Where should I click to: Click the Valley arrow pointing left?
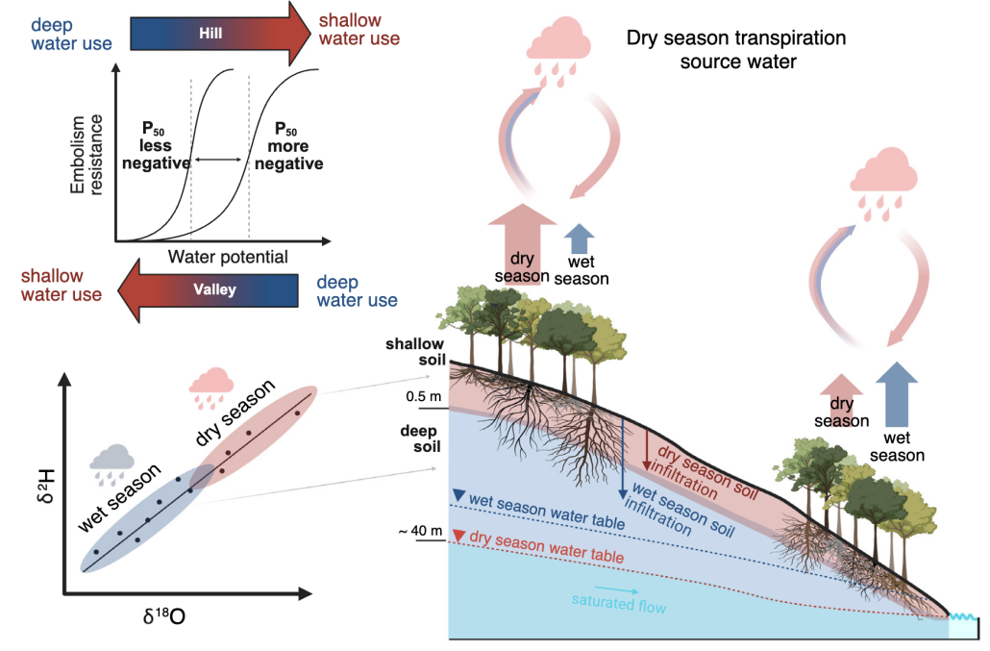tap(209, 290)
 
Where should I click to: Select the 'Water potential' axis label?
tap(227, 257)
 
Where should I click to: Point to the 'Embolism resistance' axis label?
tap(86, 155)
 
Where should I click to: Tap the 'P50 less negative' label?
tap(156, 146)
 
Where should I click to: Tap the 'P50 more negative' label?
tap(288, 146)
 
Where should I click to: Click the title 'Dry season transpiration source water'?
tap(736, 49)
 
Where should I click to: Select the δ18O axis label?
tap(164, 615)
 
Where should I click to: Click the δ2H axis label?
tap(46, 486)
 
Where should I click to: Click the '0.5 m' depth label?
tap(423, 396)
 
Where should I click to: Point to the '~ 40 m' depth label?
tap(420, 531)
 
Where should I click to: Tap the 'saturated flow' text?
tap(619, 603)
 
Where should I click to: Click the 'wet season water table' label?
tap(547, 512)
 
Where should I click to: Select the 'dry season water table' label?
tap(547, 547)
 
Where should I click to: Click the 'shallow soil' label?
tap(415, 352)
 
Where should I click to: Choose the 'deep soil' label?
tap(420, 438)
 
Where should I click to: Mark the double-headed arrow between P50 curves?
tap(218, 160)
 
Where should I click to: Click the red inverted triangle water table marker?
tap(459, 536)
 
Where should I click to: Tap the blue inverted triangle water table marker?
tap(459, 495)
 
